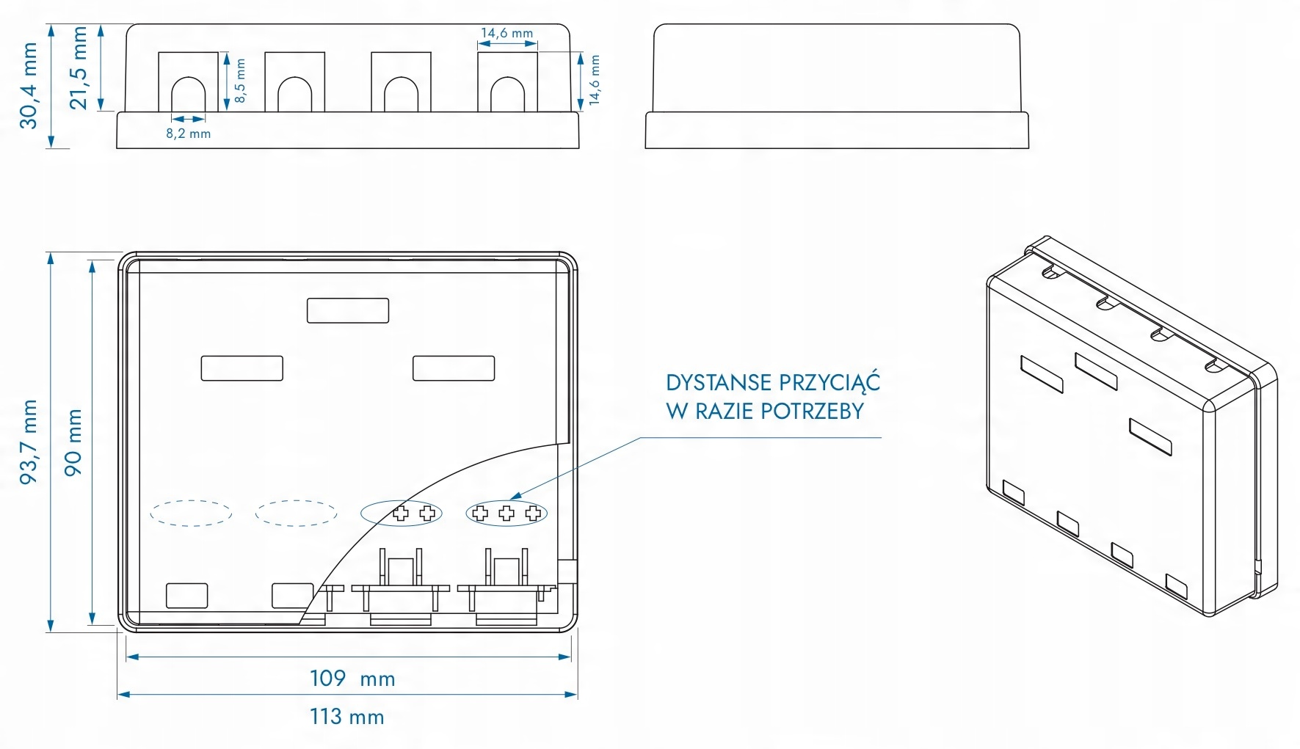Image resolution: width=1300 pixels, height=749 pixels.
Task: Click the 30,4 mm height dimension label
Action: pyautogui.click(x=29, y=85)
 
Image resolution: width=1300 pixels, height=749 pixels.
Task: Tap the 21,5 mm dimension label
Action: pyautogui.click(x=78, y=68)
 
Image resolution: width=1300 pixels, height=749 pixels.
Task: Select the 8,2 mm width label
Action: pyautogui.click(x=188, y=134)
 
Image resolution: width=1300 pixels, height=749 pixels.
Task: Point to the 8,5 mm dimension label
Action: pyautogui.click(x=240, y=81)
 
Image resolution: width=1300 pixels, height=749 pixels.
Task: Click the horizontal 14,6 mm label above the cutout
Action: pyautogui.click(x=506, y=33)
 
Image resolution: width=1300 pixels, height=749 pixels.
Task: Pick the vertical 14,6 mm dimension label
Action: pyautogui.click(x=595, y=80)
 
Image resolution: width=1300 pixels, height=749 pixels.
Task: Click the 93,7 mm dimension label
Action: pyautogui.click(x=29, y=442)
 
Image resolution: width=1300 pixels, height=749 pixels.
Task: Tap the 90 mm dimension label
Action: pyautogui.click(x=73, y=442)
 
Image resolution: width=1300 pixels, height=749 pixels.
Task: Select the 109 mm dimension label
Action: pyautogui.click(x=352, y=679)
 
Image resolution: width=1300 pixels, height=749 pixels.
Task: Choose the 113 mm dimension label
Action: pyautogui.click(x=346, y=716)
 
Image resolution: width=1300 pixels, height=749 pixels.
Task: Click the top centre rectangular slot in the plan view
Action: pyautogui.click(x=348, y=310)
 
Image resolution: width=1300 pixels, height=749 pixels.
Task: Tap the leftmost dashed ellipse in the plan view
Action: pyautogui.click(x=191, y=513)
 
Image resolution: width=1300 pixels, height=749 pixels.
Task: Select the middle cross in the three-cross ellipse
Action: pyautogui.click(x=506, y=513)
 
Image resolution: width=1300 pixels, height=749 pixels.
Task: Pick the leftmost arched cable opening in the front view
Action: pyautogui.click(x=189, y=95)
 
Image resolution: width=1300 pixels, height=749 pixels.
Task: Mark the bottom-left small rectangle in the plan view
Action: pyautogui.click(x=187, y=596)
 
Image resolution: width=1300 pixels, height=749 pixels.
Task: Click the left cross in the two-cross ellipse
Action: pyautogui.click(x=400, y=513)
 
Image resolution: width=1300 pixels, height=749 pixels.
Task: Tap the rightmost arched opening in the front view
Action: pyautogui.click(x=507, y=95)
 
